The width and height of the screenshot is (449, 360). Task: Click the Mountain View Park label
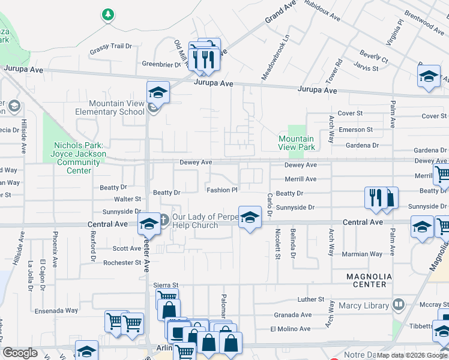[297, 143]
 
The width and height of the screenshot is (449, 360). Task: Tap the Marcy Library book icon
[397, 305]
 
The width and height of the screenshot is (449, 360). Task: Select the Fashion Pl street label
[222, 190]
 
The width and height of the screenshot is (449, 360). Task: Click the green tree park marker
[107, 14]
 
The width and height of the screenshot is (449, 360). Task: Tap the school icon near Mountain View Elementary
[158, 92]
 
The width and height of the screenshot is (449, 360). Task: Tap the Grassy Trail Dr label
[110, 46]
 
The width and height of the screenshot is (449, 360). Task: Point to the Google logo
[20, 353]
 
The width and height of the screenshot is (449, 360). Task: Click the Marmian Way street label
[363, 254]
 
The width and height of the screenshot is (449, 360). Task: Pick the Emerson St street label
[355, 129]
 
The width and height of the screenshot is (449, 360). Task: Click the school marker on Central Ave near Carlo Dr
[250, 217]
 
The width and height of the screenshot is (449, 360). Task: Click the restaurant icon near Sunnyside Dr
[375, 197]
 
